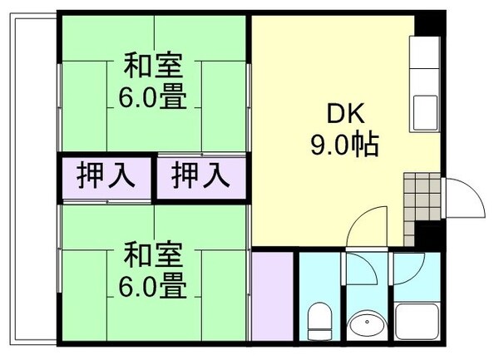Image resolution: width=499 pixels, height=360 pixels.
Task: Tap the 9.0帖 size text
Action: [344, 145]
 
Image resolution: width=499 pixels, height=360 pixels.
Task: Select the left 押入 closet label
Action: [102, 176]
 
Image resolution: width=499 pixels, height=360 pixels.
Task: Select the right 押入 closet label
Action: [200, 176]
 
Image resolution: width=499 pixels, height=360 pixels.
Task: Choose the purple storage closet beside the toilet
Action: [271, 294]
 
